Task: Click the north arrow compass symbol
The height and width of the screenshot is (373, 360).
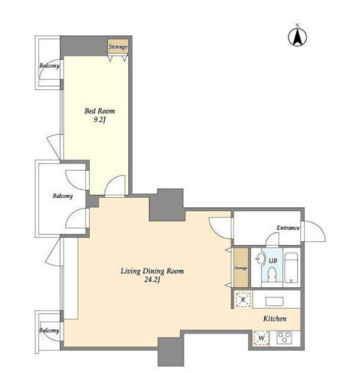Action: point(297,37)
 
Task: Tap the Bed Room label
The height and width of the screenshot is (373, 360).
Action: point(99,111)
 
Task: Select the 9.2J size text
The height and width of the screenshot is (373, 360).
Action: point(99,120)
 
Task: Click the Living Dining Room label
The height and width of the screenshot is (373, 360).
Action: point(152,271)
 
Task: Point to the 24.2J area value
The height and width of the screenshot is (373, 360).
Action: point(152,280)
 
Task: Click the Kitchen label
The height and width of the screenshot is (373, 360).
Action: point(275,319)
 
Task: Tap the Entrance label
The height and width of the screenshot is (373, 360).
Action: point(288,228)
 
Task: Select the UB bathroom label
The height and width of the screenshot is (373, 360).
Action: point(273,261)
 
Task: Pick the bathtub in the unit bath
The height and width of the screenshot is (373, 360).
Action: point(291,268)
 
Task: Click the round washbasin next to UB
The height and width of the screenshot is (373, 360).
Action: point(261,259)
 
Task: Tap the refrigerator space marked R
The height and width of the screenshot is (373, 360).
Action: point(243,299)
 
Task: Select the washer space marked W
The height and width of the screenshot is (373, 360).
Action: point(261,338)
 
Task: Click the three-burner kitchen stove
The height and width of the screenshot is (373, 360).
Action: point(284,337)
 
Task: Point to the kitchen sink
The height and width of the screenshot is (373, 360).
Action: point(274,302)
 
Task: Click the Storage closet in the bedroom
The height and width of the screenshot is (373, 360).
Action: point(118,47)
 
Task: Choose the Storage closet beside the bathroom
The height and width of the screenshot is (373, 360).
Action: point(241,268)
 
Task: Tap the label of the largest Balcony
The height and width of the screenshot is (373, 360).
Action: point(63,196)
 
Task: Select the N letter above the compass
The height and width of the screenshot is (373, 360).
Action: point(297,25)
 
